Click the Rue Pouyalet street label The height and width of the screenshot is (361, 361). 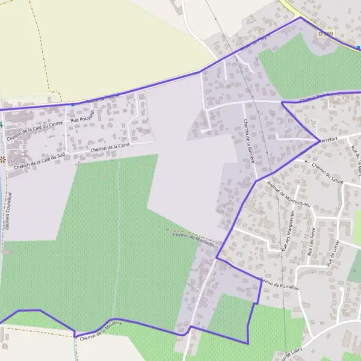83,117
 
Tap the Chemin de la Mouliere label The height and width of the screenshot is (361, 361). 100,332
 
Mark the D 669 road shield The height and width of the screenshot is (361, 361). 325,34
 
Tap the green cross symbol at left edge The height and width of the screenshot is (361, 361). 1,125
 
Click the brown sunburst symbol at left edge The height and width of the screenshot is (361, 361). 2,159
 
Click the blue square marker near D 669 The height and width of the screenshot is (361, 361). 358,47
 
